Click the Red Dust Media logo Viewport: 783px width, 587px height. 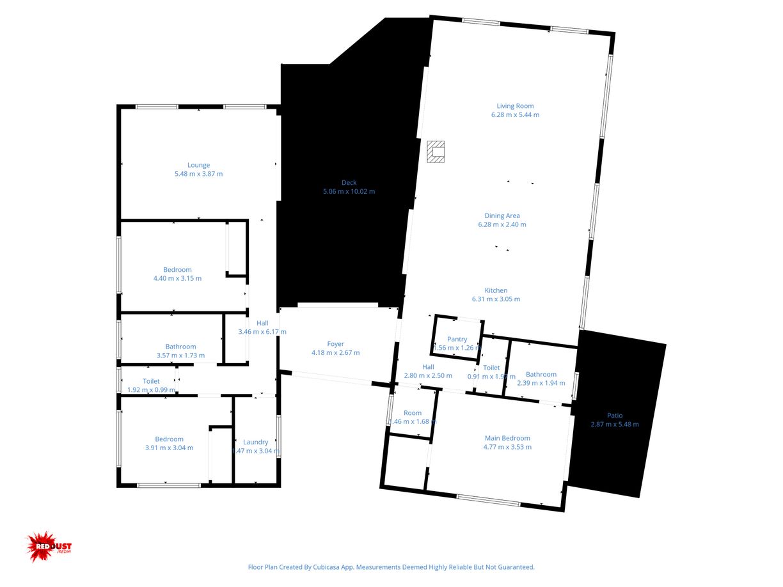[49, 547]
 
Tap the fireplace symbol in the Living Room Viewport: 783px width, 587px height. [436, 152]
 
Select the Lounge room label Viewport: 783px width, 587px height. [198, 165]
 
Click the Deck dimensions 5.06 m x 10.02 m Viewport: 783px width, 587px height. [349, 191]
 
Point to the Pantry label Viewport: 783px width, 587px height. [457, 339]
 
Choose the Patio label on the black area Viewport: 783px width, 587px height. [615, 415]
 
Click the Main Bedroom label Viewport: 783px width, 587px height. [507, 438]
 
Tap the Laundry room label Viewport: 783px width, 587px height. [255, 442]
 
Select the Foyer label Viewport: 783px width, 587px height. [336, 344]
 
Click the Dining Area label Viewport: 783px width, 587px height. [502, 215]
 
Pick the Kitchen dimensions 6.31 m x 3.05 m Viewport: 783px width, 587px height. [496, 299]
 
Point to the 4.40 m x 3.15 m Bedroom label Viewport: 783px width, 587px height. [177, 270]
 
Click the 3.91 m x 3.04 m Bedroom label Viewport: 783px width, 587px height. [169, 439]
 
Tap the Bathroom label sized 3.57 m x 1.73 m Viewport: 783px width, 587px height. [180, 347]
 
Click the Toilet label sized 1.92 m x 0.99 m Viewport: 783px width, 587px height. [151, 381]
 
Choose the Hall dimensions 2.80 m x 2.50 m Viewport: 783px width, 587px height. [428, 376]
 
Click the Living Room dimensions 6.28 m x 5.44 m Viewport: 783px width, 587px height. [515, 115]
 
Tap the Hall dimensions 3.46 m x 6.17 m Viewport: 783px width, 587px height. [262, 332]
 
